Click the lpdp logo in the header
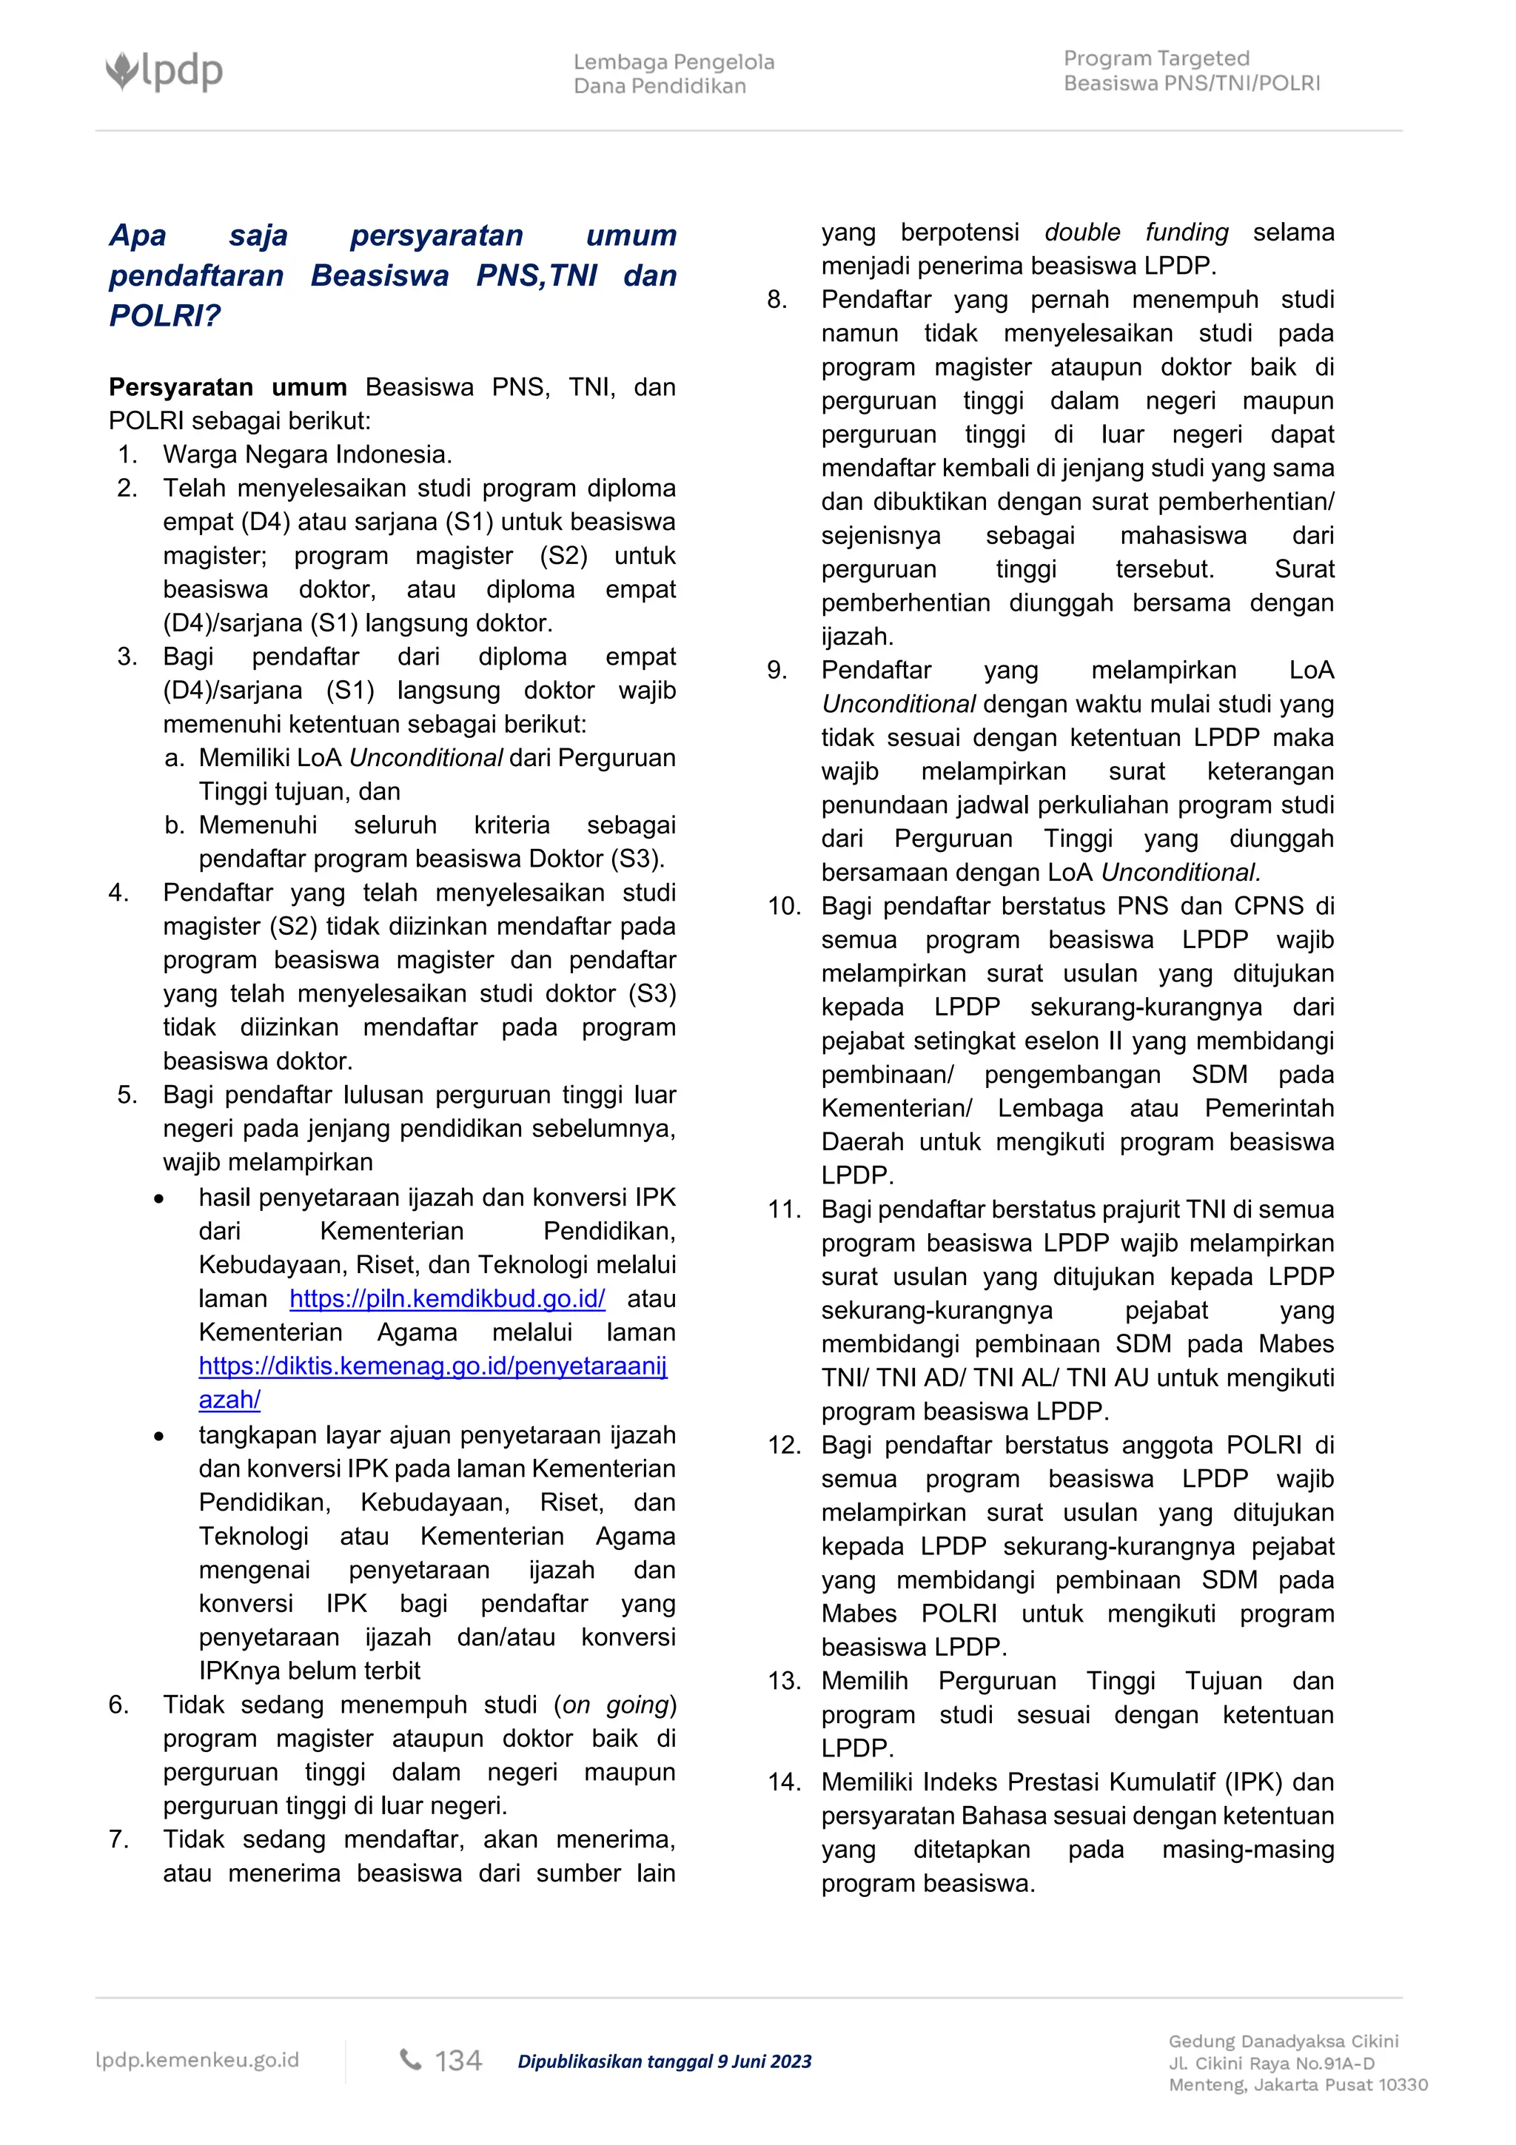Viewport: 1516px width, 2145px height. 164,71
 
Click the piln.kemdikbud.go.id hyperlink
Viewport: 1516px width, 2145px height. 446,1298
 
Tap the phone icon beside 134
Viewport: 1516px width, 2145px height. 410,2059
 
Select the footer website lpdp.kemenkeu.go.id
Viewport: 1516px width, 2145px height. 197,2060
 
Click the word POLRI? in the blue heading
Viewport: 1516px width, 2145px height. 164,316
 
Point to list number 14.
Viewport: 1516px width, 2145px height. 784,1782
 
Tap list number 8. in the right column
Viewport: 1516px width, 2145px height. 777,300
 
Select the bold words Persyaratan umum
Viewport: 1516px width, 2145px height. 227,388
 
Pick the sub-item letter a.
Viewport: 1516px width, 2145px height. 174,758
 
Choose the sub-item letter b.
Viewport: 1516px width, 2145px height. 174,825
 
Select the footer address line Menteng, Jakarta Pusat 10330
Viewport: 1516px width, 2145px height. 1298,2084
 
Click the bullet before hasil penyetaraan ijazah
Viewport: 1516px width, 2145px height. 160,1198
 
